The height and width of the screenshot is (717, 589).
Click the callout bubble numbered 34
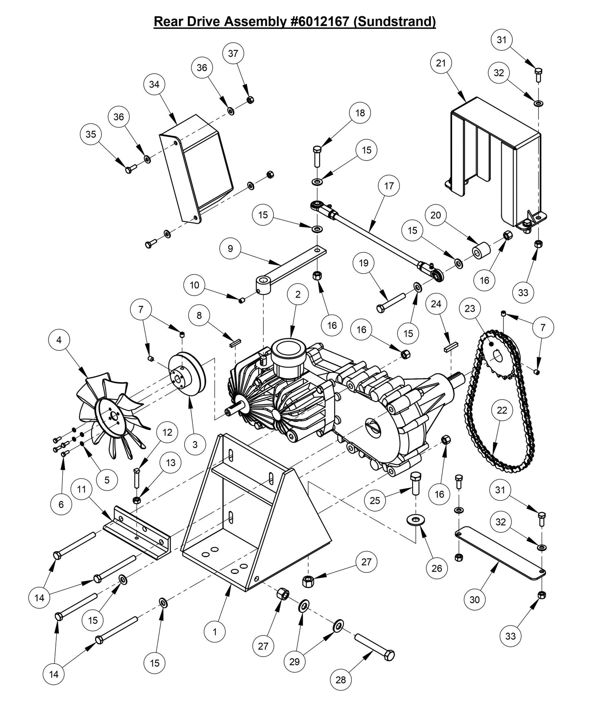point(154,84)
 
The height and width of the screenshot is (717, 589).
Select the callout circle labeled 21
point(441,63)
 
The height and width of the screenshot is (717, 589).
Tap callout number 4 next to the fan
point(59,339)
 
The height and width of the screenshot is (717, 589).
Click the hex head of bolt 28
point(389,655)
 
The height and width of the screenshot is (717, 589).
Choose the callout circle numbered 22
point(502,410)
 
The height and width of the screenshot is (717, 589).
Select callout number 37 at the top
point(233,53)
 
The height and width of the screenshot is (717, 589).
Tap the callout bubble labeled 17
point(389,186)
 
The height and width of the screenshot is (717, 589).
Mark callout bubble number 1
point(214,632)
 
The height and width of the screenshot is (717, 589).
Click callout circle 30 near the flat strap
point(475,599)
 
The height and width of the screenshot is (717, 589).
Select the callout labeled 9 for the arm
point(230,249)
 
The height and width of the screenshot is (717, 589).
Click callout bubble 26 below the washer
point(436,568)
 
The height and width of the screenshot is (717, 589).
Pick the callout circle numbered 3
point(195,444)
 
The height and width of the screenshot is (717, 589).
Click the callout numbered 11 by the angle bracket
point(82,488)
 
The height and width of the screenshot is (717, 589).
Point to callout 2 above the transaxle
point(298,294)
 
